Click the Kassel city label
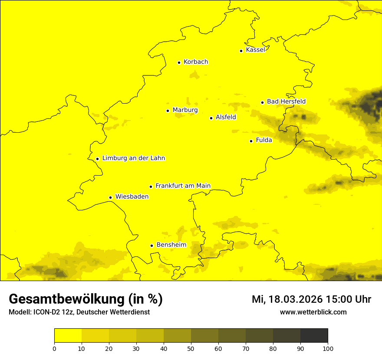[255, 50]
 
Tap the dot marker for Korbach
[179, 62]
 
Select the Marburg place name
[185, 110]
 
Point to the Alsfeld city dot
[211, 118]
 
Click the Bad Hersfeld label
[286, 102]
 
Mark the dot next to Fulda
[251, 141]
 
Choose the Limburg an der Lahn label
[134, 158]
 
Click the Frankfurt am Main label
[183, 186]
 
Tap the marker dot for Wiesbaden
[111, 198]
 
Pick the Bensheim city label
[171, 245]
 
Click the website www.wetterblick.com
[313, 312]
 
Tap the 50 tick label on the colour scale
[191, 348]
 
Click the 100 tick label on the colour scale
[328, 348]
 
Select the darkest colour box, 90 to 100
[314, 335]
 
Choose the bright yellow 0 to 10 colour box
[68, 335]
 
